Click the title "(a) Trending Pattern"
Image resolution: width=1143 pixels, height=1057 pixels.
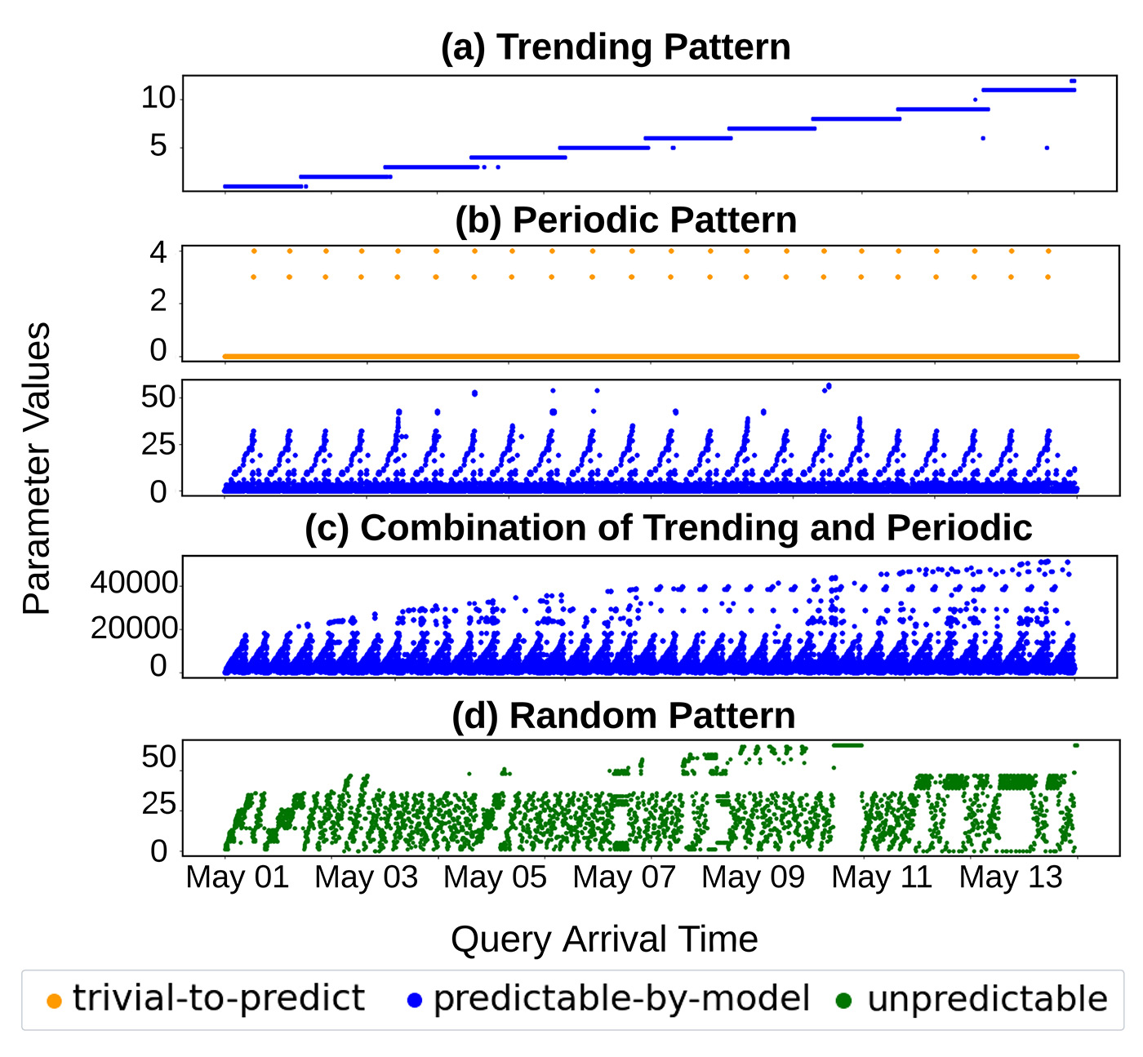coord(616,47)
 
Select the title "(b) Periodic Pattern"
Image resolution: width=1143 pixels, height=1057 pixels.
coord(625,220)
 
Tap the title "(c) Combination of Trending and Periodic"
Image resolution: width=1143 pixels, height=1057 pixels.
coord(668,528)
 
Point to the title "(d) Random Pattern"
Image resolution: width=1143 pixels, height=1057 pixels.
coord(624,716)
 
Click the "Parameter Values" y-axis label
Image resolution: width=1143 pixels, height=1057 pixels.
coord(37,469)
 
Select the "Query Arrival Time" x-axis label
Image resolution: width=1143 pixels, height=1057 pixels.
coord(604,939)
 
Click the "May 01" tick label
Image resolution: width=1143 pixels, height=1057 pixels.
coord(238,877)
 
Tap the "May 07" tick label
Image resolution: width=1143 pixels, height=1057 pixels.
coord(625,877)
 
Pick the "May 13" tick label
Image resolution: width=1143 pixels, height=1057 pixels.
coord(1011,877)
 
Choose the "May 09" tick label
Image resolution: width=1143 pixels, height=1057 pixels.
coord(754,877)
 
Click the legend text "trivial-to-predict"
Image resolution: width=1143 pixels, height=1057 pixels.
coord(218,998)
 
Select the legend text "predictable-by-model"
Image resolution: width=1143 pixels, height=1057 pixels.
coord(622,998)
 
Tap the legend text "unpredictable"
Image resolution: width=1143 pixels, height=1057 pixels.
coord(987,998)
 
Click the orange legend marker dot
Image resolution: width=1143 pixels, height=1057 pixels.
coord(55,1001)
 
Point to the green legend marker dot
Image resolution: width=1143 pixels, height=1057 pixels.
coord(844,1001)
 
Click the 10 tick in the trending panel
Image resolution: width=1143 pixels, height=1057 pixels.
coord(158,98)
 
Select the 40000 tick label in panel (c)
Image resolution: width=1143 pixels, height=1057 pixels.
coord(134,583)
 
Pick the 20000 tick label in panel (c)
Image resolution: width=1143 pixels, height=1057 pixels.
coord(134,628)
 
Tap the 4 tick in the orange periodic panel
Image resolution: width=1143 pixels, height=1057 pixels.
coord(158,252)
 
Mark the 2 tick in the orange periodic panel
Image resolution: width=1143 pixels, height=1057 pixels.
coord(158,302)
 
